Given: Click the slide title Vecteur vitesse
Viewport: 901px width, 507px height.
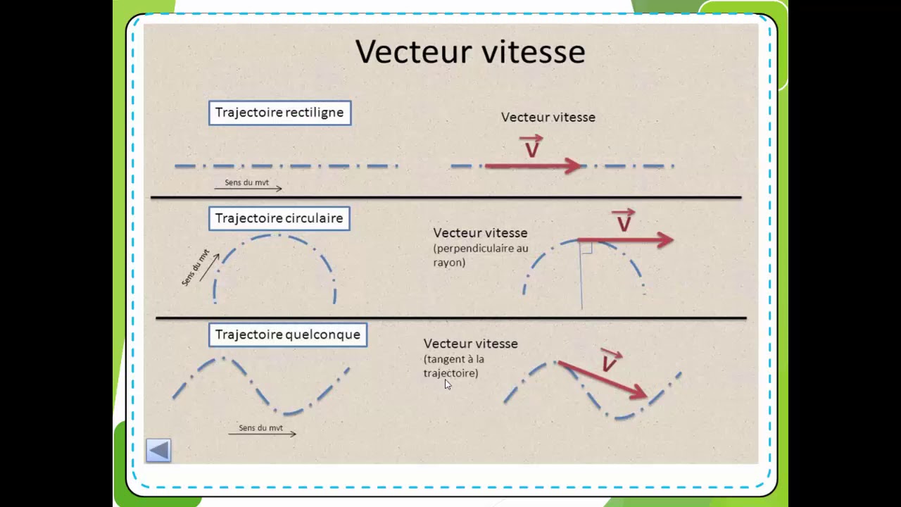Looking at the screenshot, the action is point(470,51).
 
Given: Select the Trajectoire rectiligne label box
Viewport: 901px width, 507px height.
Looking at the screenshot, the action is point(280,113).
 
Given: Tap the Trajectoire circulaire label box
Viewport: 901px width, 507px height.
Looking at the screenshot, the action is point(279,218).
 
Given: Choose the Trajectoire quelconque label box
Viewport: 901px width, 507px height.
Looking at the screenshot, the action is point(288,334).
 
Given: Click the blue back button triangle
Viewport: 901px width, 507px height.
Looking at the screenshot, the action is point(158,450).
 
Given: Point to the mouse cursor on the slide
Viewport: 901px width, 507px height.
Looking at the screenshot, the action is point(448,384).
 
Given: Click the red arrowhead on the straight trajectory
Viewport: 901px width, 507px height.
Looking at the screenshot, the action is point(573,165).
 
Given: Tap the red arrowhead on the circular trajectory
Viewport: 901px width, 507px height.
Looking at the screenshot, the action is point(665,240).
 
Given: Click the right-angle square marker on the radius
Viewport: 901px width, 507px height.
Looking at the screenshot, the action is point(587,248).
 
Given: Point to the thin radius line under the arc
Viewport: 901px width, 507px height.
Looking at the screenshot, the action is point(581,275).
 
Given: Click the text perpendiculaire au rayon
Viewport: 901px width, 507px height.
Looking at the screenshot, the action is point(481,255).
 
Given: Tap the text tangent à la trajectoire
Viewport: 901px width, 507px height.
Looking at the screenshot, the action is point(454,365).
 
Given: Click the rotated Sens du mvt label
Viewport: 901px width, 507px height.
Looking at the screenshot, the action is point(196,268).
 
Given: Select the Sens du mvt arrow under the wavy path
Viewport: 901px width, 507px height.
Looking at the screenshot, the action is point(263,434).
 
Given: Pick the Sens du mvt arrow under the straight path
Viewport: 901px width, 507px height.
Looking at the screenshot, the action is point(248,188).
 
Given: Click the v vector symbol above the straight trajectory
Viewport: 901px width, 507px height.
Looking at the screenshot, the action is point(531,146).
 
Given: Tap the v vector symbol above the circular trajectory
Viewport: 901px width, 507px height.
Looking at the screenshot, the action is point(624,220).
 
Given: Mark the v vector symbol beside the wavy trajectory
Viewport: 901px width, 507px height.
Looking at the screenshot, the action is point(610,361).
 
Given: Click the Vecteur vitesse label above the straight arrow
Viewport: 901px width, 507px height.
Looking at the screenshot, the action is point(548,118).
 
